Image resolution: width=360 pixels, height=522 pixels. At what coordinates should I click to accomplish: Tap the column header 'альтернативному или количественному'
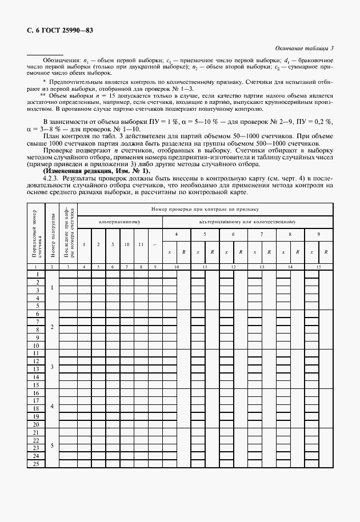pos(247,220)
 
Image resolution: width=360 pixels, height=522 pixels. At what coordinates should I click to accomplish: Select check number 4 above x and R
pos(177,235)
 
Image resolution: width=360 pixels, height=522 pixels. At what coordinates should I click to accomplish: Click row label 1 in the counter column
pos(37,274)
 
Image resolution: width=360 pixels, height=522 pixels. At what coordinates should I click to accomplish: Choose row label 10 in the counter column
pos(37,346)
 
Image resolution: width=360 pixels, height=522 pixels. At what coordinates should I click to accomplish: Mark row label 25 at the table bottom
pos(37,463)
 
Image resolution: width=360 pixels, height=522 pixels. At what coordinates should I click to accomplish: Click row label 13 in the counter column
pos(37,377)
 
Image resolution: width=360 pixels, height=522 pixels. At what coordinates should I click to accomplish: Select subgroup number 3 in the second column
pos(52,366)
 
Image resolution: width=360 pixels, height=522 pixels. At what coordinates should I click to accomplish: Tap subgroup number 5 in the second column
pos(52,445)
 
